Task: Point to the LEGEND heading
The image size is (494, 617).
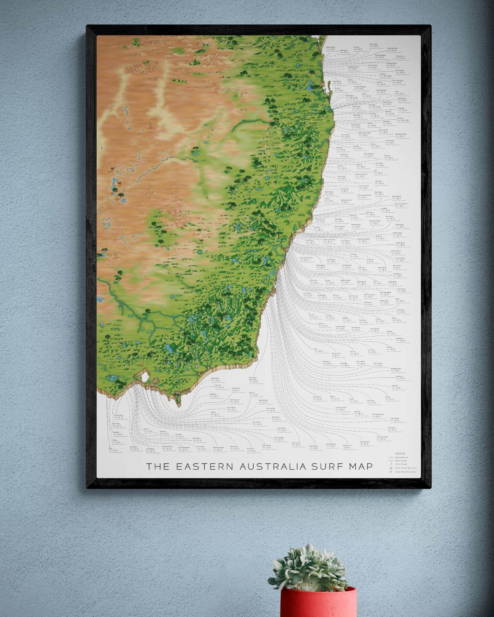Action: tap(400, 453)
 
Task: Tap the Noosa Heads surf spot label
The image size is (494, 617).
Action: tap(330, 47)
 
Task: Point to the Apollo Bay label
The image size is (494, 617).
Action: tap(116, 424)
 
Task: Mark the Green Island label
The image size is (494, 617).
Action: tap(395, 418)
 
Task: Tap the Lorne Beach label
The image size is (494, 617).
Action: tap(150, 448)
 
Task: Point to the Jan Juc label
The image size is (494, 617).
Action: tap(146, 429)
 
